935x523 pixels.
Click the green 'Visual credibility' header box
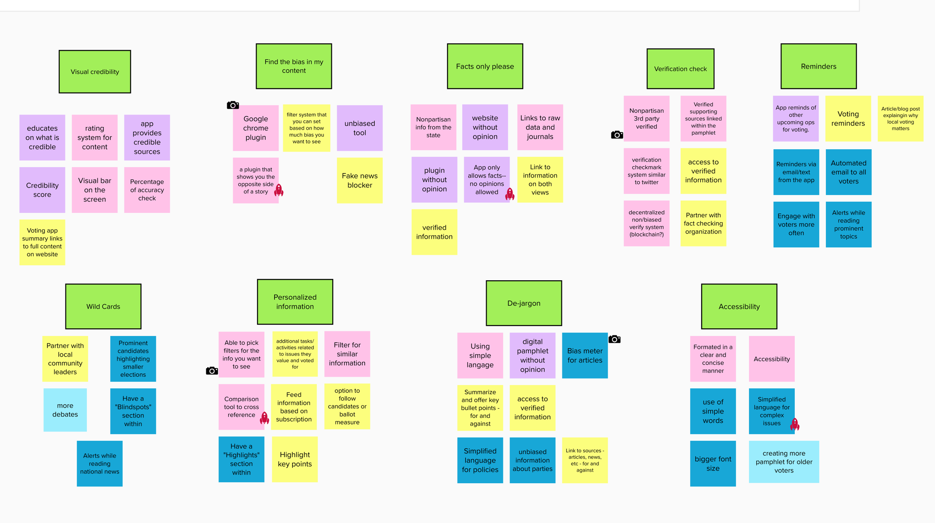(x=95, y=71)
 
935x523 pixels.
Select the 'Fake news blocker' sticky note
(x=359, y=180)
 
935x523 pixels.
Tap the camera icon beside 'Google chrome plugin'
(x=233, y=105)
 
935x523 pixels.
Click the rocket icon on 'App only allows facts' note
(x=510, y=194)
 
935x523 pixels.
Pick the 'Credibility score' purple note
(x=42, y=190)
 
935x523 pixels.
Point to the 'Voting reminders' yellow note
(x=848, y=119)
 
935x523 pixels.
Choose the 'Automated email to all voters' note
(x=848, y=172)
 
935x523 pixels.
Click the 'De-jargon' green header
(x=524, y=303)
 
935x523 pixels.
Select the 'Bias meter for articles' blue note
(x=585, y=355)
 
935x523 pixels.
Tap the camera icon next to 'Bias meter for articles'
(x=614, y=339)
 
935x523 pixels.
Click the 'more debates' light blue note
(x=65, y=410)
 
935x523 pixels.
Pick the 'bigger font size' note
(x=713, y=463)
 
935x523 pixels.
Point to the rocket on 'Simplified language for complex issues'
(x=795, y=424)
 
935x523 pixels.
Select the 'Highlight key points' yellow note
(x=295, y=459)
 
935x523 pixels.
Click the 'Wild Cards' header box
(x=103, y=306)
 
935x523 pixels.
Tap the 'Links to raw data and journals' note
(x=540, y=127)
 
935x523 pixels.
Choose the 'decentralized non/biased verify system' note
(x=646, y=223)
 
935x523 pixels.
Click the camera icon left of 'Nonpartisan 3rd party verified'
(x=617, y=135)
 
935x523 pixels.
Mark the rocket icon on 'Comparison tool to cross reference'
(x=264, y=418)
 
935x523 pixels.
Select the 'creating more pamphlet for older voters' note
(x=784, y=462)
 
